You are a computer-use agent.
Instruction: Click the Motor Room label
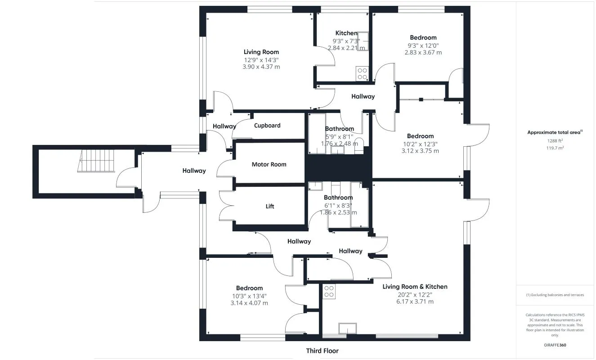click(x=269, y=164)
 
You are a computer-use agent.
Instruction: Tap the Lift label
click(x=270, y=206)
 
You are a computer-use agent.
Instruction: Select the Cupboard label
click(x=267, y=126)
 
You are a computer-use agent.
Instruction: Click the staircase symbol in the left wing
click(x=96, y=161)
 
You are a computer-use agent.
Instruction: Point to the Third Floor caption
click(x=322, y=351)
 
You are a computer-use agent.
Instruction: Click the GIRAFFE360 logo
click(x=555, y=345)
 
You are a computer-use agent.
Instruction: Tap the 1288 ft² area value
click(x=555, y=140)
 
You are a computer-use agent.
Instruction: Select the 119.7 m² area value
click(x=555, y=148)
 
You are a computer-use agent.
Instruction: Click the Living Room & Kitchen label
click(x=415, y=287)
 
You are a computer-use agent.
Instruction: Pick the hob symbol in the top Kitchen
click(x=362, y=73)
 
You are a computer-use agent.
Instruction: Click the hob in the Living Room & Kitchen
click(x=329, y=291)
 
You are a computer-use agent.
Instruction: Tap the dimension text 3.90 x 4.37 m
click(x=261, y=67)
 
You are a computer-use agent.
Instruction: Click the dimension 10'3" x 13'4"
click(x=249, y=296)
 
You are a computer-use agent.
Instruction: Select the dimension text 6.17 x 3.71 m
click(x=415, y=301)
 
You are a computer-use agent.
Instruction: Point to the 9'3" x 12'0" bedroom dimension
click(x=423, y=45)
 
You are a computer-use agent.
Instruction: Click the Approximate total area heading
click(x=555, y=132)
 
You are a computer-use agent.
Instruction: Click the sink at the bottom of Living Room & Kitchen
click(x=348, y=328)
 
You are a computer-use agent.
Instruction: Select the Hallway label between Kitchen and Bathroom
click(x=363, y=96)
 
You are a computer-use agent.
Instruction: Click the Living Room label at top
click(x=261, y=52)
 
